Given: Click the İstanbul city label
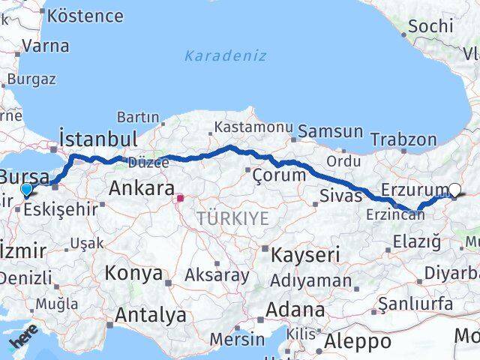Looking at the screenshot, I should tap(98, 139).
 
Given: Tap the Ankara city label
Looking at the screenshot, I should tap(142, 188).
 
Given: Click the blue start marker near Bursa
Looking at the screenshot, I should tap(27, 190).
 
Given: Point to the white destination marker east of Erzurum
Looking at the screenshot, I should tap(455, 191).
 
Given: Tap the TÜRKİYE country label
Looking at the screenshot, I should tap(232, 219).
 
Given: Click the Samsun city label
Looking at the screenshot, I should tap(330, 132).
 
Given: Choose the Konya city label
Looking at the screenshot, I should tap(133, 273).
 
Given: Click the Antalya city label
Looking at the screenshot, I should tap(151, 315).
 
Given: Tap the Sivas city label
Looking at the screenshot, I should tap(340, 196).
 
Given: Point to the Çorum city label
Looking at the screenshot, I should tap(279, 175).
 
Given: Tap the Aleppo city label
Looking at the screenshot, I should tap(357, 341).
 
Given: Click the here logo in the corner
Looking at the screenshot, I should tap(22, 341).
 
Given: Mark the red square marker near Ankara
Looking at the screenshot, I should tap(180, 199).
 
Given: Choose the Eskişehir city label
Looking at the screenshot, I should tap(60, 209).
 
